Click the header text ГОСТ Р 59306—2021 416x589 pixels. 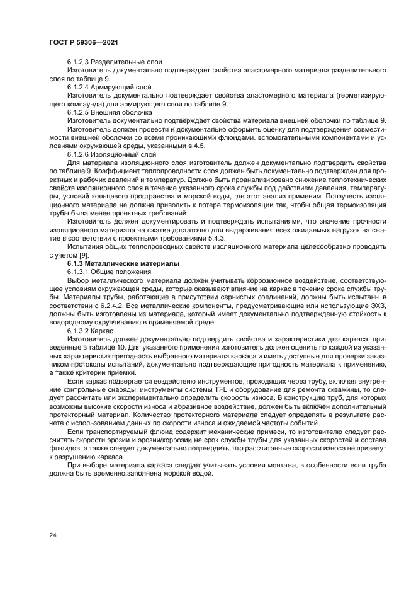(x=84, y=42)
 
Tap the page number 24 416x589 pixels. (x=53, y=535)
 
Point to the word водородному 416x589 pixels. (x=70, y=321)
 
